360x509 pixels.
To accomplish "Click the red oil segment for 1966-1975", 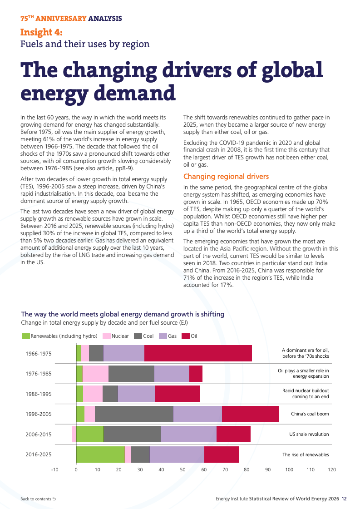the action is click(198, 353).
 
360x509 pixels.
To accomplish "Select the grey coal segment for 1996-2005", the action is click(134, 414).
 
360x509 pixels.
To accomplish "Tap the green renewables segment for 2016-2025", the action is click(100, 455).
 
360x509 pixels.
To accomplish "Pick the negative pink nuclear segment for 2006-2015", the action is click(74, 435).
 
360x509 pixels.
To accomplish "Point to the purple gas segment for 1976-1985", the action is click(172, 373).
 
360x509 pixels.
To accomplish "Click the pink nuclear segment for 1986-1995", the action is click(93, 394).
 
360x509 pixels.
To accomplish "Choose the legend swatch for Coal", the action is click(138, 336).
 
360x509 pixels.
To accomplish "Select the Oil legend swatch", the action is click(186, 336).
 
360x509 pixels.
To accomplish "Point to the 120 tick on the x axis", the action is click(332, 469).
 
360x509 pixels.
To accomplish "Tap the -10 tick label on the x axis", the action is click(55, 469).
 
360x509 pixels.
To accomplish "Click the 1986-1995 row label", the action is click(39, 394).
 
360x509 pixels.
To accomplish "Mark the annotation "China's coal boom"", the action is click(310, 414).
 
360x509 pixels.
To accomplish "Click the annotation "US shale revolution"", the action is click(309, 435).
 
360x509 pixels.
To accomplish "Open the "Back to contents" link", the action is click(38, 499).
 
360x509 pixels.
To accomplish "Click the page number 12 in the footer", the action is click(344, 499).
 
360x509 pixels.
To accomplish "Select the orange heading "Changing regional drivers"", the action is click(226, 176).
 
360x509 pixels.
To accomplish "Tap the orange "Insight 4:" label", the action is click(41, 32).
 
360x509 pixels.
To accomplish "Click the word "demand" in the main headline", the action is click(134, 93).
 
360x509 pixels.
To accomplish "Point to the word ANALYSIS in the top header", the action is click(105, 19).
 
